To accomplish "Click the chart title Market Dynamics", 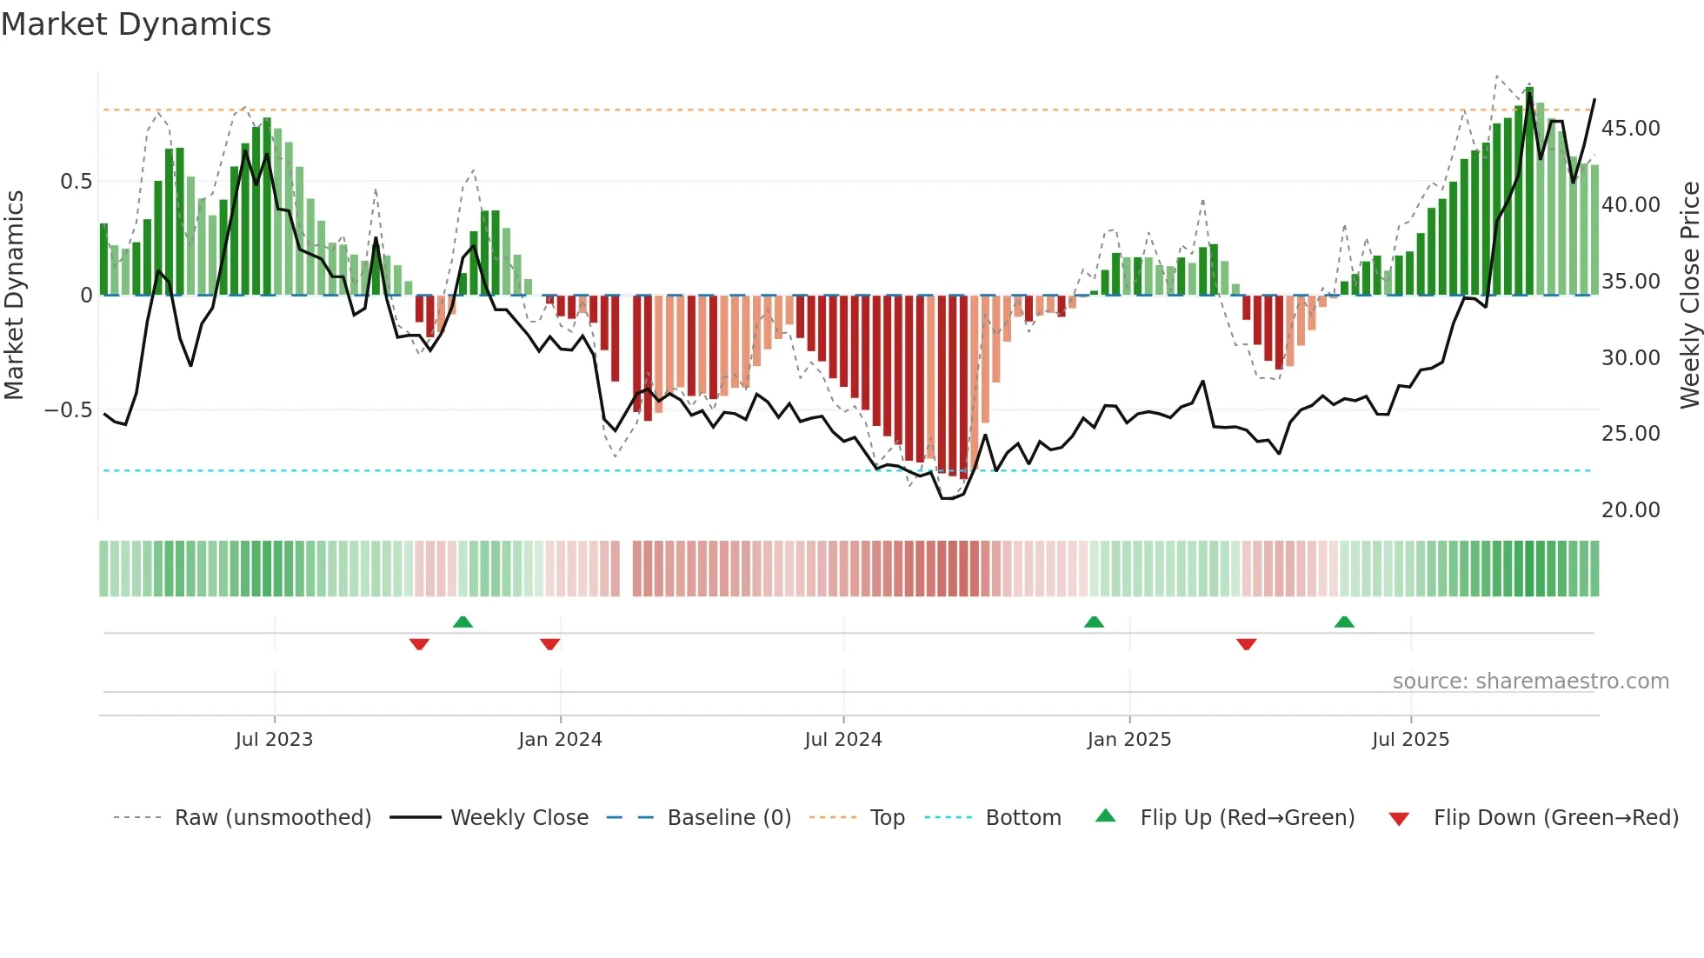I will pyautogui.click(x=136, y=24).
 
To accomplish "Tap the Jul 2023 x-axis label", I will pyautogui.click(x=274, y=739).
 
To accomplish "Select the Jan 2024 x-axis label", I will pyautogui.click(x=560, y=739).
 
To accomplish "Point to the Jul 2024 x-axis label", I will pyautogui.click(x=843, y=739).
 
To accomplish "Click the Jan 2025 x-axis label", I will pyautogui.click(x=1128, y=739).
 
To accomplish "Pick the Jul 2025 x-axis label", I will pyautogui.click(x=1410, y=739).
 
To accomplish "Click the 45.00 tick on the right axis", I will pyautogui.click(x=1630, y=129).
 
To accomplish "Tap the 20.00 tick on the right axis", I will pyautogui.click(x=1630, y=510).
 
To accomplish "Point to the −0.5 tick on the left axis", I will pyautogui.click(x=69, y=409).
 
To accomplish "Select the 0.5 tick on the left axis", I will pyautogui.click(x=76, y=181).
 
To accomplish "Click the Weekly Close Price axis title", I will pyautogui.click(x=1689, y=295).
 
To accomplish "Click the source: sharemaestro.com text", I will pyautogui.click(x=1530, y=682).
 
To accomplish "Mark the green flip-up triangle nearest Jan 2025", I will pyautogui.click(x=1094, y=622).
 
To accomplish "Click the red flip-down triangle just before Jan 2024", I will pyautogui.click(x=549, y=644).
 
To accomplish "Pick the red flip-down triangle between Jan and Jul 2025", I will pyautogui.click(x=1246, y=644).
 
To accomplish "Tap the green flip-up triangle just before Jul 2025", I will pyautogui.click(x=1344, y=622).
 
